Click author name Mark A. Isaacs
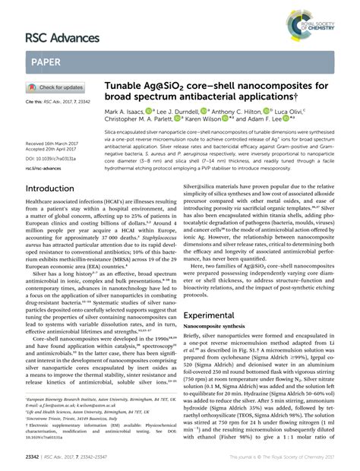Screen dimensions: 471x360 point(127,112)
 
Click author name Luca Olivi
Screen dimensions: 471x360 point(305,112)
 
